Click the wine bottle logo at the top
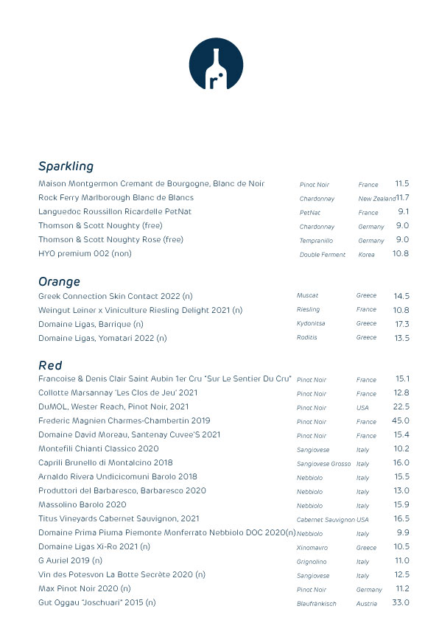[x=215, y=65]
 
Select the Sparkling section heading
[x=66, y=166]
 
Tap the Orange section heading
[x=59, y=281]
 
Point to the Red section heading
[x=50, y=365]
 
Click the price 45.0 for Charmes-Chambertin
[x=400, y=420]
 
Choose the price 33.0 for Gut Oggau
[x=400, y=602]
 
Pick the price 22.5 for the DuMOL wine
[x=401, y=406]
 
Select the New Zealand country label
[x=376, y=199]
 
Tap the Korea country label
[x=366, y=255]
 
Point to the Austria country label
[x=367, y=604]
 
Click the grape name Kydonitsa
[x=311, y=324]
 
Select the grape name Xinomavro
[x=312, y=548]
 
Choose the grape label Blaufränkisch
[x=316, y=604]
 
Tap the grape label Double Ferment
[x=322, y=255]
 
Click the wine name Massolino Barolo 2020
[x=82, y=504]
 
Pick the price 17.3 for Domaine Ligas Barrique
[x=401, y=323]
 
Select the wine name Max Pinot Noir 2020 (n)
[x=85, y=588]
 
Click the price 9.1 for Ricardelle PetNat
[x=403, y=211]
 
